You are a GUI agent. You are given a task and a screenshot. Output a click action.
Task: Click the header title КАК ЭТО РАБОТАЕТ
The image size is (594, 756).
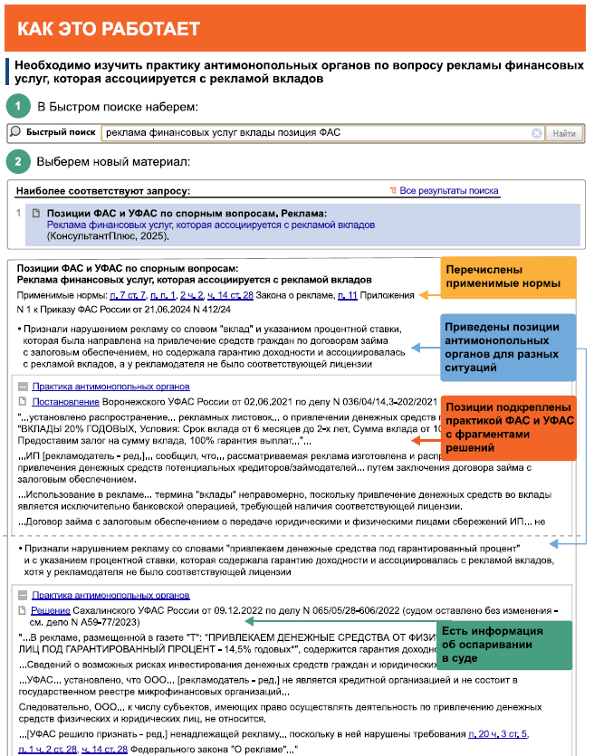(x=109, y=29)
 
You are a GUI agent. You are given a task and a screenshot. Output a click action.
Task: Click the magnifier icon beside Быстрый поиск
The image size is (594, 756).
(x=15, y=133)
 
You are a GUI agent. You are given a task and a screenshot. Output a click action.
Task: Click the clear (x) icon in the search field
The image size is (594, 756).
(x=537, y=134)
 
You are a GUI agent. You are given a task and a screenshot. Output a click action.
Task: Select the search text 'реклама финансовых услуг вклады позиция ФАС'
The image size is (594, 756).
(x=223, y=133)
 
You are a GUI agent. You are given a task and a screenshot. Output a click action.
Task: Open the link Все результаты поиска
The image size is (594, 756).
(x=449, y=191)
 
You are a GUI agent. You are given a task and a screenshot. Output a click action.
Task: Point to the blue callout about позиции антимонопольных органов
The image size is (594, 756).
(x=508, y=344)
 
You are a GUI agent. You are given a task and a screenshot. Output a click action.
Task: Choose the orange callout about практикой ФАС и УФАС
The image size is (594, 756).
(x=508, y=424)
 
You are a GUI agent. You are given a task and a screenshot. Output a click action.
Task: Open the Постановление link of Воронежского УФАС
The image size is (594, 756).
(x=59, y=401)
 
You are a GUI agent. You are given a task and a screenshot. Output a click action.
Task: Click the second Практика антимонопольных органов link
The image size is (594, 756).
(x=110, y=596)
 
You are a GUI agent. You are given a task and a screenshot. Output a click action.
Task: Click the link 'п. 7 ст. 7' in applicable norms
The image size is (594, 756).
(x=128, y=296)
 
